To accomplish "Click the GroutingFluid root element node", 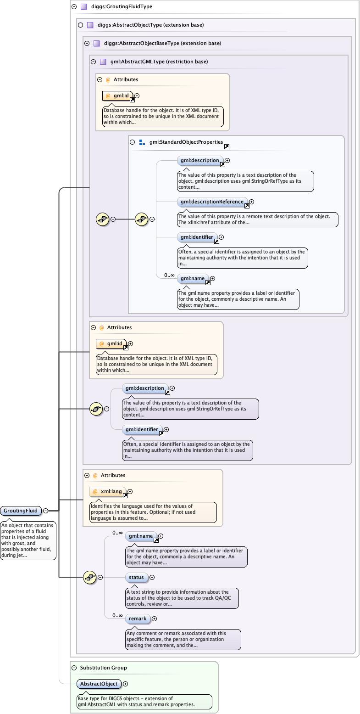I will point(21,511).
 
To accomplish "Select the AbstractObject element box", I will point(99,684).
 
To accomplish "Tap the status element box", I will point(136,577).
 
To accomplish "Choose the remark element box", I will point(138,618).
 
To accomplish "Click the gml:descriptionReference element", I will point(212,202).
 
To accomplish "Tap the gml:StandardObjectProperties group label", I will point(186,142).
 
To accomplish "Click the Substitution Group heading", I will point(103,668).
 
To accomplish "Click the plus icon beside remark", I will point(152,619).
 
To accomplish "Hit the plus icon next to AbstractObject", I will point(126,684).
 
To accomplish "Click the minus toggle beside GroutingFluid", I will point(46,511).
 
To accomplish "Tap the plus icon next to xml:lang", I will point(130,492).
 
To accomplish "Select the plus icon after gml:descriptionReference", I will point(252,202).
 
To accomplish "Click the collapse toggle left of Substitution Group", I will point(74,668).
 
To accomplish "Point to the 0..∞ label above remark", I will point(117,615).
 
